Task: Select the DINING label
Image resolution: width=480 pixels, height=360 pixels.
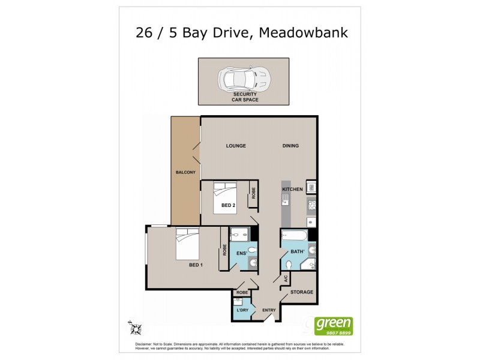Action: click(x=290, y=146)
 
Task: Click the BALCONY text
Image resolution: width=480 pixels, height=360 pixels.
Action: click(x=185, y=173)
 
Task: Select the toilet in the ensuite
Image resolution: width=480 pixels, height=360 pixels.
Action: click(x=253, y=250)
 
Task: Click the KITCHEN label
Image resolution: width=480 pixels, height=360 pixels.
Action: click(x=292, y=190)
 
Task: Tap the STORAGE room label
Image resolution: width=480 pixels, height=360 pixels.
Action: click(x=302, y=292)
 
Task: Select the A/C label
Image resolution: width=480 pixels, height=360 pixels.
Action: click(x=286, y=279)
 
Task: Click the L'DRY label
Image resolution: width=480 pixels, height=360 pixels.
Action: click(x=242, y=310)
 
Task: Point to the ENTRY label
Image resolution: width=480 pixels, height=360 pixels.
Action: click(x=268, y=310)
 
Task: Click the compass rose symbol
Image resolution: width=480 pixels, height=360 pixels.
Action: click(x=136, y=328)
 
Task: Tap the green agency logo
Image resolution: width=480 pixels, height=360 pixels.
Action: click(x=334, y=326)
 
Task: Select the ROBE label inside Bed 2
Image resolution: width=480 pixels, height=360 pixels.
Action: click(x=254, y=193)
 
